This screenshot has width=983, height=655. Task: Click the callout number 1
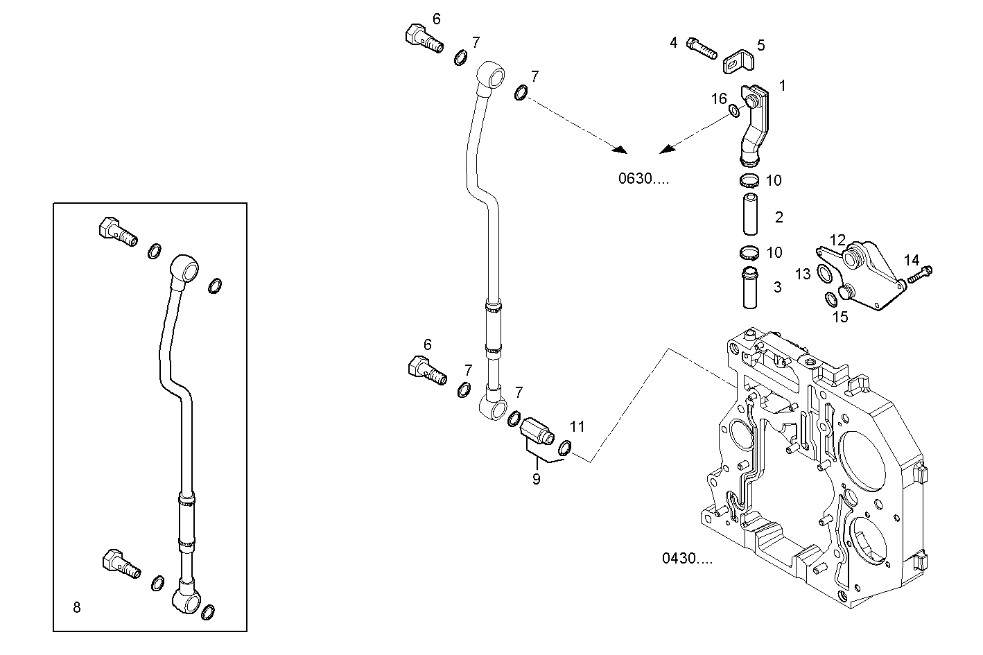782,86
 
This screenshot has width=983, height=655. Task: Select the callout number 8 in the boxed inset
76,608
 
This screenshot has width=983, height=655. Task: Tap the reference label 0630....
643,179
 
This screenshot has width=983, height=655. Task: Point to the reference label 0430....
686,558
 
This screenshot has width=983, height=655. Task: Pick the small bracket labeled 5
737,63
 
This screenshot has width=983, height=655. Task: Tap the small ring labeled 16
733,110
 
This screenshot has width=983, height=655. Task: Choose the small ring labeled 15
830,299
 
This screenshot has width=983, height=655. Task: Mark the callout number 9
536,478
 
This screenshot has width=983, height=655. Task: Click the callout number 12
838,241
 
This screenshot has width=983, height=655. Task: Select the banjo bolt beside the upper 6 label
422,39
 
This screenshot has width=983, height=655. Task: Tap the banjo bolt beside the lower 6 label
426,370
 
